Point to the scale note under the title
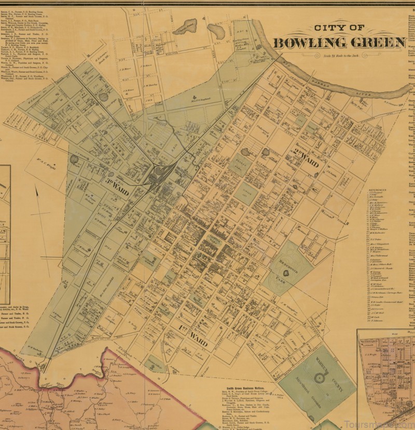pos(337,55)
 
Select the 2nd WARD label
pos(309,154)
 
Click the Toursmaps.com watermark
pos(386,423)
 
